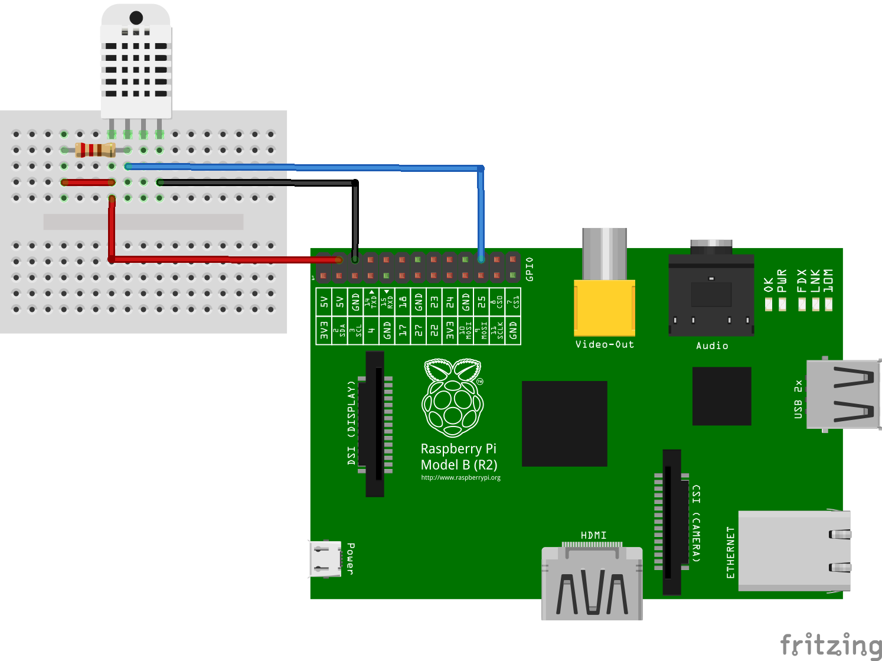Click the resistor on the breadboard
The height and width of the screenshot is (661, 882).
[95, 149]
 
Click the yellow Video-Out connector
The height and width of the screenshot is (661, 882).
[605, 307]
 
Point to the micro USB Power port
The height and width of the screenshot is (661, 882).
[325, 559]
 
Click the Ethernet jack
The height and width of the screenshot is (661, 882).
[794, 551]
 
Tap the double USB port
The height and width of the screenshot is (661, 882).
[843, 393]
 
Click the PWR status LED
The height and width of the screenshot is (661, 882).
[782, 304]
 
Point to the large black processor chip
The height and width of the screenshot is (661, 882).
[564, 424]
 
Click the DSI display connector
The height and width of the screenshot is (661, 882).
[375, 424]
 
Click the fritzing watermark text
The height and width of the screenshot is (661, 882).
[830, 644]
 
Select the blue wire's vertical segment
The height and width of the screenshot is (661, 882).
[481, 213]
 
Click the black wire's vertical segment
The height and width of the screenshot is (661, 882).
[355, 219]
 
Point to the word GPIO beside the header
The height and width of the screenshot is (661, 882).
[530, 269]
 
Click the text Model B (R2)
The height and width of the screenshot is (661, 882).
[459, 465]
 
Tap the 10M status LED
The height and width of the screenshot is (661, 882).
[828, 304]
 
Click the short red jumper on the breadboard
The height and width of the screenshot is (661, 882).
[88, 182]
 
